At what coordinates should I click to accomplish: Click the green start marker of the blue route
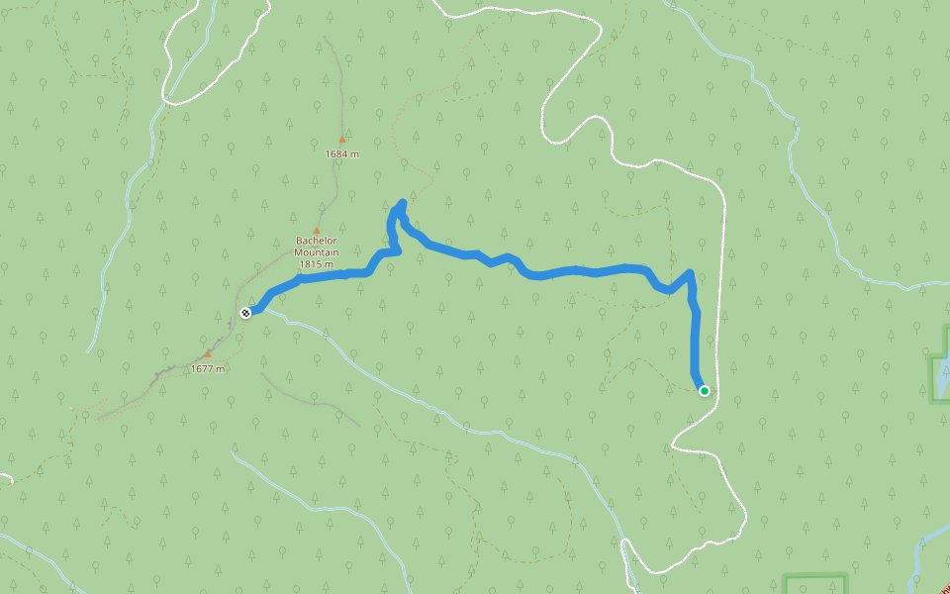pyautogui.click(x=705, y=391)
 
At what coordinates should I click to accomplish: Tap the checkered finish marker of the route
pyautogui.click(x=245, y=313)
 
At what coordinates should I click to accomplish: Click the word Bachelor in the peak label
pyautogui.click(x=317, y=241)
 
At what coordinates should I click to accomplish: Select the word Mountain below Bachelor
pyautogui.click(x=317, y=252)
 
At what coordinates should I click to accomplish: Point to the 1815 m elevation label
pyautogui.click(x=317, y=264)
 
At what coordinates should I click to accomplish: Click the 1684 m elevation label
pyautogui.click(x=341, y=153)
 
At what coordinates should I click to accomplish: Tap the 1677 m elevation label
pyautogui.click(x=208, y=369)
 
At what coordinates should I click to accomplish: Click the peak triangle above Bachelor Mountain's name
pyautogui.click(x=317, y=230)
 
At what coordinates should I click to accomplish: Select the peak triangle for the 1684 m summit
pyautogui.click(x=342, y=140)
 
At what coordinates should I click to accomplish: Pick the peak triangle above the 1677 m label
pyautogui.click(x=208, y=353)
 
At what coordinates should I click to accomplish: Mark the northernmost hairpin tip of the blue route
pyautogui.click(x=402, y=204)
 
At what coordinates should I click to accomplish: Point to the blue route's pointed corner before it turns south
pyautogui.click(x=690, y=272)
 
